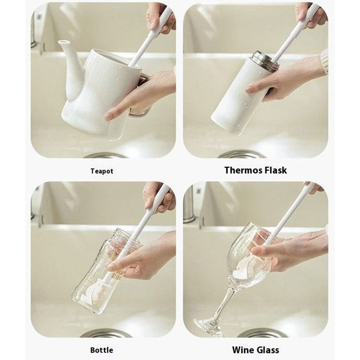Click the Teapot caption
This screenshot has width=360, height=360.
pos(102,171)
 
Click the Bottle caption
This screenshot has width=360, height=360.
pos(102,350)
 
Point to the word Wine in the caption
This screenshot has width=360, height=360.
pos(243,350)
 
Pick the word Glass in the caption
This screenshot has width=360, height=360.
pos(268,350)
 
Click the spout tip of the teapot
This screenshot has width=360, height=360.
pos(63,42)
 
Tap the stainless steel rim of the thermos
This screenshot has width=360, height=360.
pos(264,60)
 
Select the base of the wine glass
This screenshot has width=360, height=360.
pos(208,326)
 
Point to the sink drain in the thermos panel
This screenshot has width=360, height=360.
pos(239,154)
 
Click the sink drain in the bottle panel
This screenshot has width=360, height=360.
pos(106,333)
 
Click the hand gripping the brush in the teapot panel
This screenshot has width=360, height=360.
pos(161,19)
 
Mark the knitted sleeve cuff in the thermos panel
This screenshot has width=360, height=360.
pos(325,62)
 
